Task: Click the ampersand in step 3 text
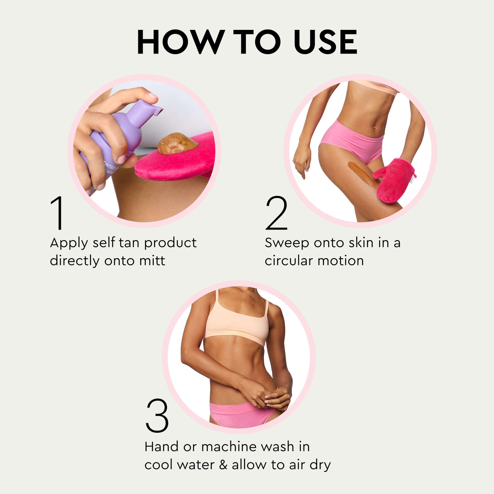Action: coord(223,465)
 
